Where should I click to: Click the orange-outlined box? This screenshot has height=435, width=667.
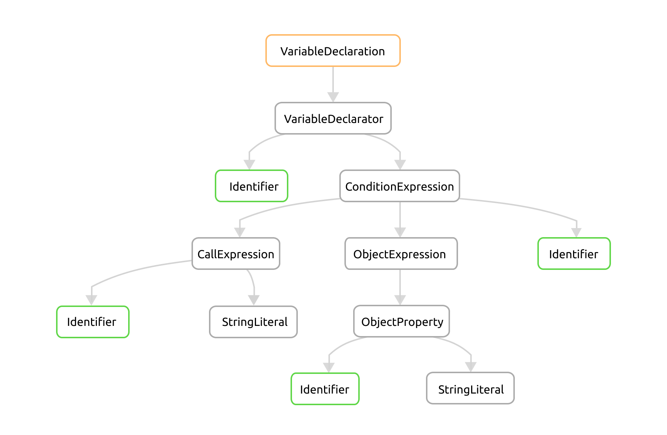click(333, 51)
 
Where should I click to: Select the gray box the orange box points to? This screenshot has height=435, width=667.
click(333, 118)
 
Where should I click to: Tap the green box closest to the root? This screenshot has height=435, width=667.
click(251, 186)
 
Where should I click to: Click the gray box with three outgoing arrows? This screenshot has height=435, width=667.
click(399, 186)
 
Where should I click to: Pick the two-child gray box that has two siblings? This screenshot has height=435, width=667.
click(236, 254)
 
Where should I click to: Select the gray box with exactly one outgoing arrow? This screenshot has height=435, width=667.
click(401, 254)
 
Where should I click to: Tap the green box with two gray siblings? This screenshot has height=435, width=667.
click(574, 254)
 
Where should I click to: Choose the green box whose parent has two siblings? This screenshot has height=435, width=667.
click(92, 322)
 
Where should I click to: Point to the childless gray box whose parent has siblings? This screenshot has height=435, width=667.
click(253, 322)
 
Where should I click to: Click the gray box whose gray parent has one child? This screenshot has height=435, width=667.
click(401, 321)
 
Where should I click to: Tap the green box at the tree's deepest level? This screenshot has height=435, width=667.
click(325, 389)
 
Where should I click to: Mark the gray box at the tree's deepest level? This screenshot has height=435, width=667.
click(470, 388)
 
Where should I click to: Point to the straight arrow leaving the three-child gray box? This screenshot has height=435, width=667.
click(400, 218)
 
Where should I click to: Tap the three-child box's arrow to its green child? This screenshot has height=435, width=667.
click(528, 207)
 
